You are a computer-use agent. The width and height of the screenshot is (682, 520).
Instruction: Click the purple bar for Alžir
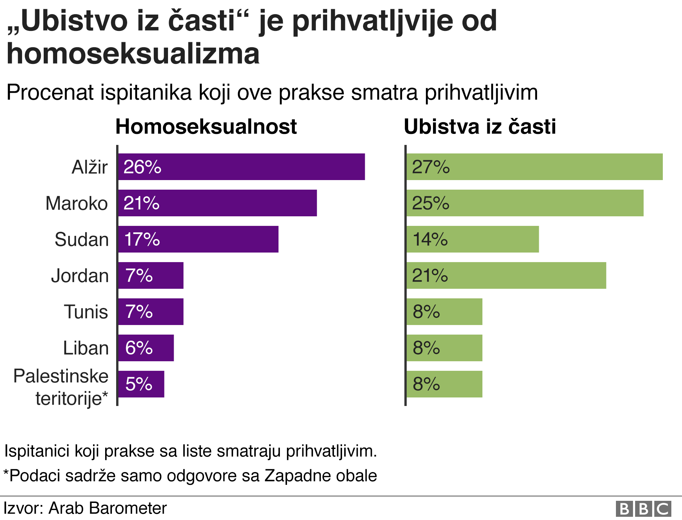[242, 167]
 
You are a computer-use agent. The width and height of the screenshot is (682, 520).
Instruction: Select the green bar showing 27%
[534, 167]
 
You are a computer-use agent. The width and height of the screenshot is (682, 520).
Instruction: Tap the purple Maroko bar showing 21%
[217, 203]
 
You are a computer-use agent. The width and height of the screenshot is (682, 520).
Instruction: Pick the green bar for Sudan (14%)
[472, 239]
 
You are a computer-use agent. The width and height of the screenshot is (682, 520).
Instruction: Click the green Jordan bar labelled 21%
[506, 276]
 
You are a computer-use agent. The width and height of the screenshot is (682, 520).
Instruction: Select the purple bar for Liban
[146, 348]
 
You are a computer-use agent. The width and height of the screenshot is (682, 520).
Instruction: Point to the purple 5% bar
[141, 384]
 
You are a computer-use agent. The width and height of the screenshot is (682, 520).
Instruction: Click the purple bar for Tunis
[151, 312]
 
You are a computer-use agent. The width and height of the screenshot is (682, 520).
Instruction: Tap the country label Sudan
[82, 239]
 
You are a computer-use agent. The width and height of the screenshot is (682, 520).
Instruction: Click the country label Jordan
[80, 276]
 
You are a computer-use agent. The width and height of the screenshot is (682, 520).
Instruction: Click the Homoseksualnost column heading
[206, 127]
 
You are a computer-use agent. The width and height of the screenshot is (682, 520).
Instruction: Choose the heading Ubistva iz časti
[480, 127]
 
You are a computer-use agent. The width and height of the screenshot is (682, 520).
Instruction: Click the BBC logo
[643, 509]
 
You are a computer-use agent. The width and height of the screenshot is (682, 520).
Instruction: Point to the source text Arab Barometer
[107, 508]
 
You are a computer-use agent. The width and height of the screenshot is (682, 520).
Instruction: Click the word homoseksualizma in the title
[133, 54]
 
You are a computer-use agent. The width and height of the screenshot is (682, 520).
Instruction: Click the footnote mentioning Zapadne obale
[190, 476]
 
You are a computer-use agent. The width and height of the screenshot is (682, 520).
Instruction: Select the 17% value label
[142, 239]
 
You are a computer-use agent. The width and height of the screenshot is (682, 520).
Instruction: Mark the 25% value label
[431, 203]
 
